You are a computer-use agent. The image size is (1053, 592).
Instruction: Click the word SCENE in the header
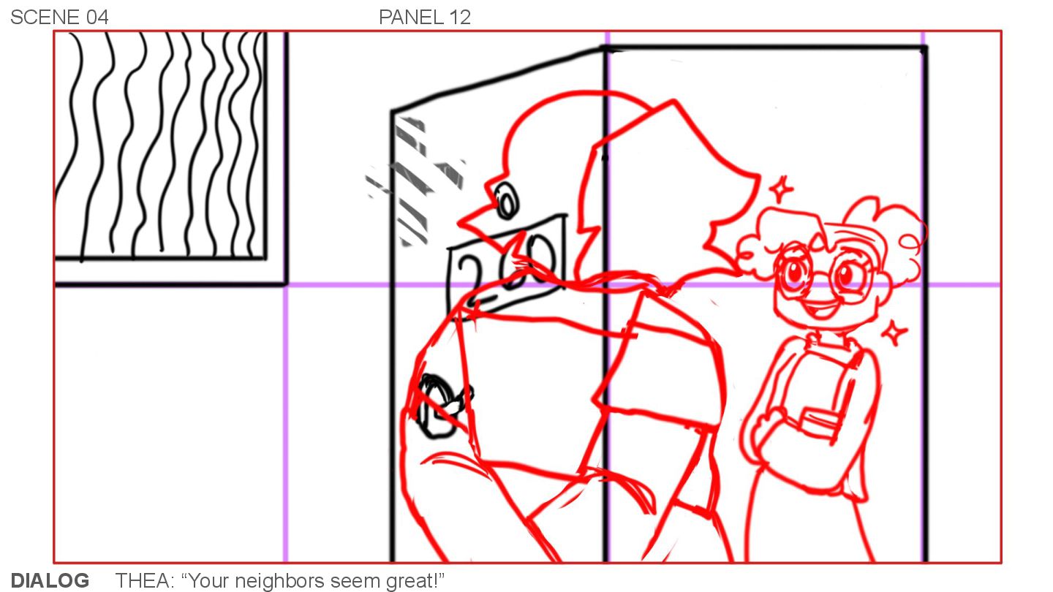point(45,18)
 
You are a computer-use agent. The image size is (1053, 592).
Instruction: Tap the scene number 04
point(97,18)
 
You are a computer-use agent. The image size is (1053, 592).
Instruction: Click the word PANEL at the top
point(411,18)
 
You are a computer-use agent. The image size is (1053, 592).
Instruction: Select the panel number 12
point(460,18)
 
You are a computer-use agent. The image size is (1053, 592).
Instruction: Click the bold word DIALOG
point(50,580)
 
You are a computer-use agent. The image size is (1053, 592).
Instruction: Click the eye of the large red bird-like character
point(507,202)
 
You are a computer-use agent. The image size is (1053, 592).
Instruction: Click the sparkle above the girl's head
point(781,189)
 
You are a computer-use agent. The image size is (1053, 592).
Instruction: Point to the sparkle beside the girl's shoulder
point(894,333)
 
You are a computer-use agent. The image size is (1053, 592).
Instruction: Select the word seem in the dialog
point(355,581)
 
